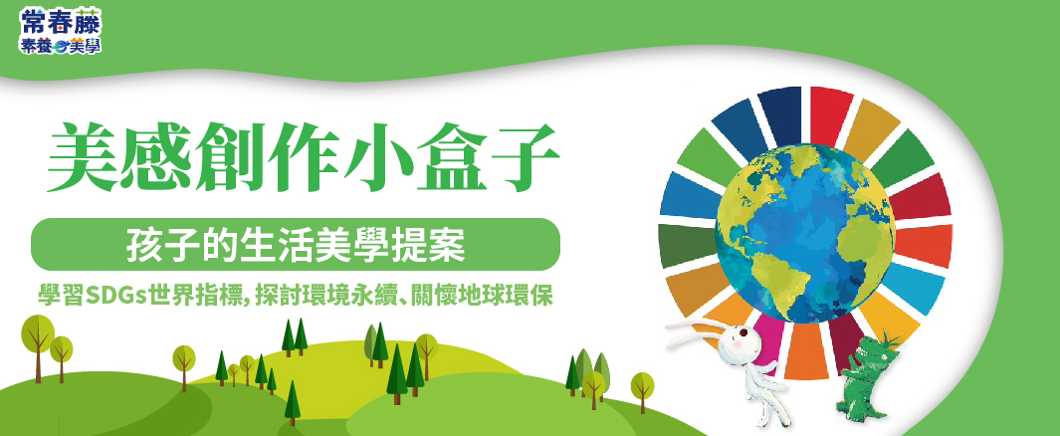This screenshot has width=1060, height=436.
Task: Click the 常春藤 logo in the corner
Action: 60,31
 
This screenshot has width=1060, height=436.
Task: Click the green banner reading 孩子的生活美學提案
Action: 296,244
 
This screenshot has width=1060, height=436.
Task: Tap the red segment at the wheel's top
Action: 830,114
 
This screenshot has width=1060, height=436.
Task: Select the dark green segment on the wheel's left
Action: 688,246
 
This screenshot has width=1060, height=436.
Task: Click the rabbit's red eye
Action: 742,333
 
